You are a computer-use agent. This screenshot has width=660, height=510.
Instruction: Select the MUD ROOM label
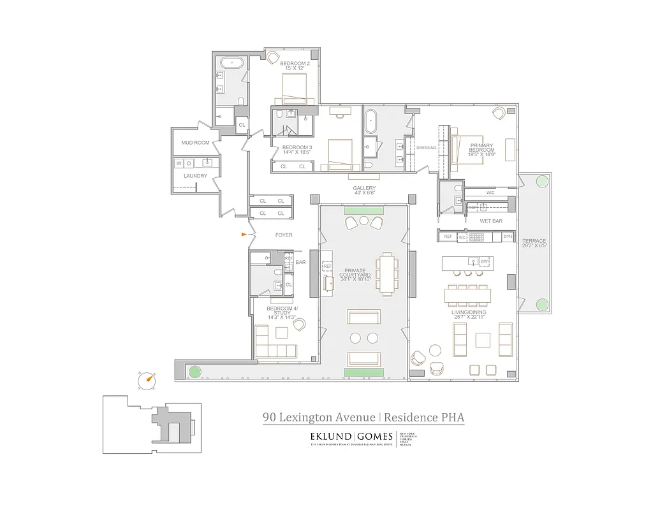pos(195,143)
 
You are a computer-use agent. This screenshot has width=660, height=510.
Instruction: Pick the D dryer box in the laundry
pos(189,163)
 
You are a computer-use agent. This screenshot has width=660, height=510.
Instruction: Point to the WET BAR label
pos(491,221)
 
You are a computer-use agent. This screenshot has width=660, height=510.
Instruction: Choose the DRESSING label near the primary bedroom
pos(426,148)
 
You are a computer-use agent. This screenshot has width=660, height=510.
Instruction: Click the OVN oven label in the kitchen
pos(508,237)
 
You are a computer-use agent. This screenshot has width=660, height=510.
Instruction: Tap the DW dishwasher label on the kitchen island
pos(484,261)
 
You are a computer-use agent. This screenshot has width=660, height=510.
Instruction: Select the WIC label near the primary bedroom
pos(490,192)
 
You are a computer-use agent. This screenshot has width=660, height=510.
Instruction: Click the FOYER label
pos(284,235)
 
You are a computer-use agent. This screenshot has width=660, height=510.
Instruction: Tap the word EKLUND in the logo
pos(330,437)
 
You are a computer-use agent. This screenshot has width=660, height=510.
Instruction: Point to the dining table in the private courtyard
pos(386,273)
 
